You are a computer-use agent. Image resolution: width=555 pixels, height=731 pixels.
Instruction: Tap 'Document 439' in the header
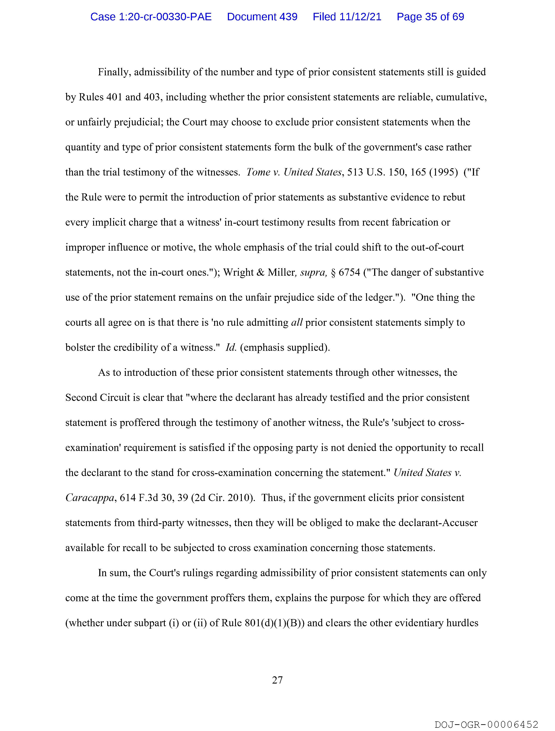[x=262, y=17]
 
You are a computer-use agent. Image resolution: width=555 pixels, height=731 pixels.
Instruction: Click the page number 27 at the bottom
[x=277, y=680]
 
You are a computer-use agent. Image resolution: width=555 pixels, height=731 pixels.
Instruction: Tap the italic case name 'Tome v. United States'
[x=293, y=172]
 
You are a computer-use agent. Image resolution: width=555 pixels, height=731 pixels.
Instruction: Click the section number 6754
[x=349, y=272]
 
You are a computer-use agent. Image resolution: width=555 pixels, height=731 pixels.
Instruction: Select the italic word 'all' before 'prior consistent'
[x=297, y=322]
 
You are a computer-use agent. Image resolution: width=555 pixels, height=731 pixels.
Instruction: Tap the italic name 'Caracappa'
[x=89, y=498]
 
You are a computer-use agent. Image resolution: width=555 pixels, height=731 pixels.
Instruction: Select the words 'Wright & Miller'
[x=259, y=272]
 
